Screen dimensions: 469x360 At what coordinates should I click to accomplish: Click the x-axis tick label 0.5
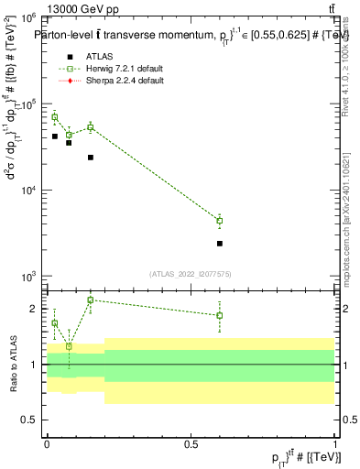point(191,442)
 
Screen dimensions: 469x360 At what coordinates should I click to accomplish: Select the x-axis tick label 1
point(335,442)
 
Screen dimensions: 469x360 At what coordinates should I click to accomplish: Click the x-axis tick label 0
point(47,442)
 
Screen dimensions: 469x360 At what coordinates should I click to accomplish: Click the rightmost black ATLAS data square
point(220,244)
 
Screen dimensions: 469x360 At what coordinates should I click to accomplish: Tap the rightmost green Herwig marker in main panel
point(220,221)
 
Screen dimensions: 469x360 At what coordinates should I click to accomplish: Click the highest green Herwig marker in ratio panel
point(90,300)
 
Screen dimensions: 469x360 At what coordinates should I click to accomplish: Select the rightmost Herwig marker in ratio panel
point(220,315)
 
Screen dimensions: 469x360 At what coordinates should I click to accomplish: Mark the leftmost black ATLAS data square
point(55,136)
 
